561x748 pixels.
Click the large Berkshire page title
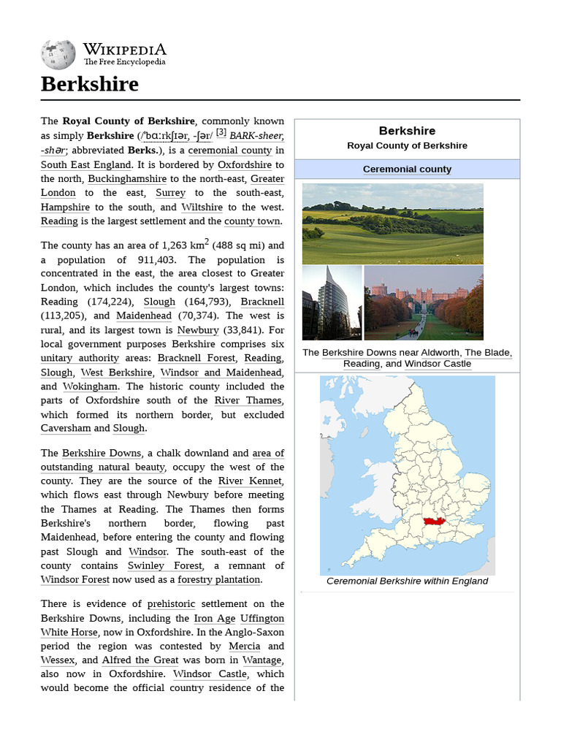(x=89, y=84)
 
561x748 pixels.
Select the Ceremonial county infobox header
(x=407, y=169)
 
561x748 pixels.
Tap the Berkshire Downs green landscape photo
(x=392, y=224)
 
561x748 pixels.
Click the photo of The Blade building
(x=332, y=302)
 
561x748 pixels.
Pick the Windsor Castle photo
(x=423, y=302)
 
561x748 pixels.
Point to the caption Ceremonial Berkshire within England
(x=407, y=581)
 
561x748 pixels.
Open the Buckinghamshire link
(x=127, y=178)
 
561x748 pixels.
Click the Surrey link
(x=170, y=193)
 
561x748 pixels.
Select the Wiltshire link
(x=202, y=207)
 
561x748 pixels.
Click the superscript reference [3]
(x=221, y=133)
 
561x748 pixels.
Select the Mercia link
(x=244, y=646)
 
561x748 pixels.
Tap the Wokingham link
(x=90, y=386)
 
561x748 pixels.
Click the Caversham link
(x=66, y=428)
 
